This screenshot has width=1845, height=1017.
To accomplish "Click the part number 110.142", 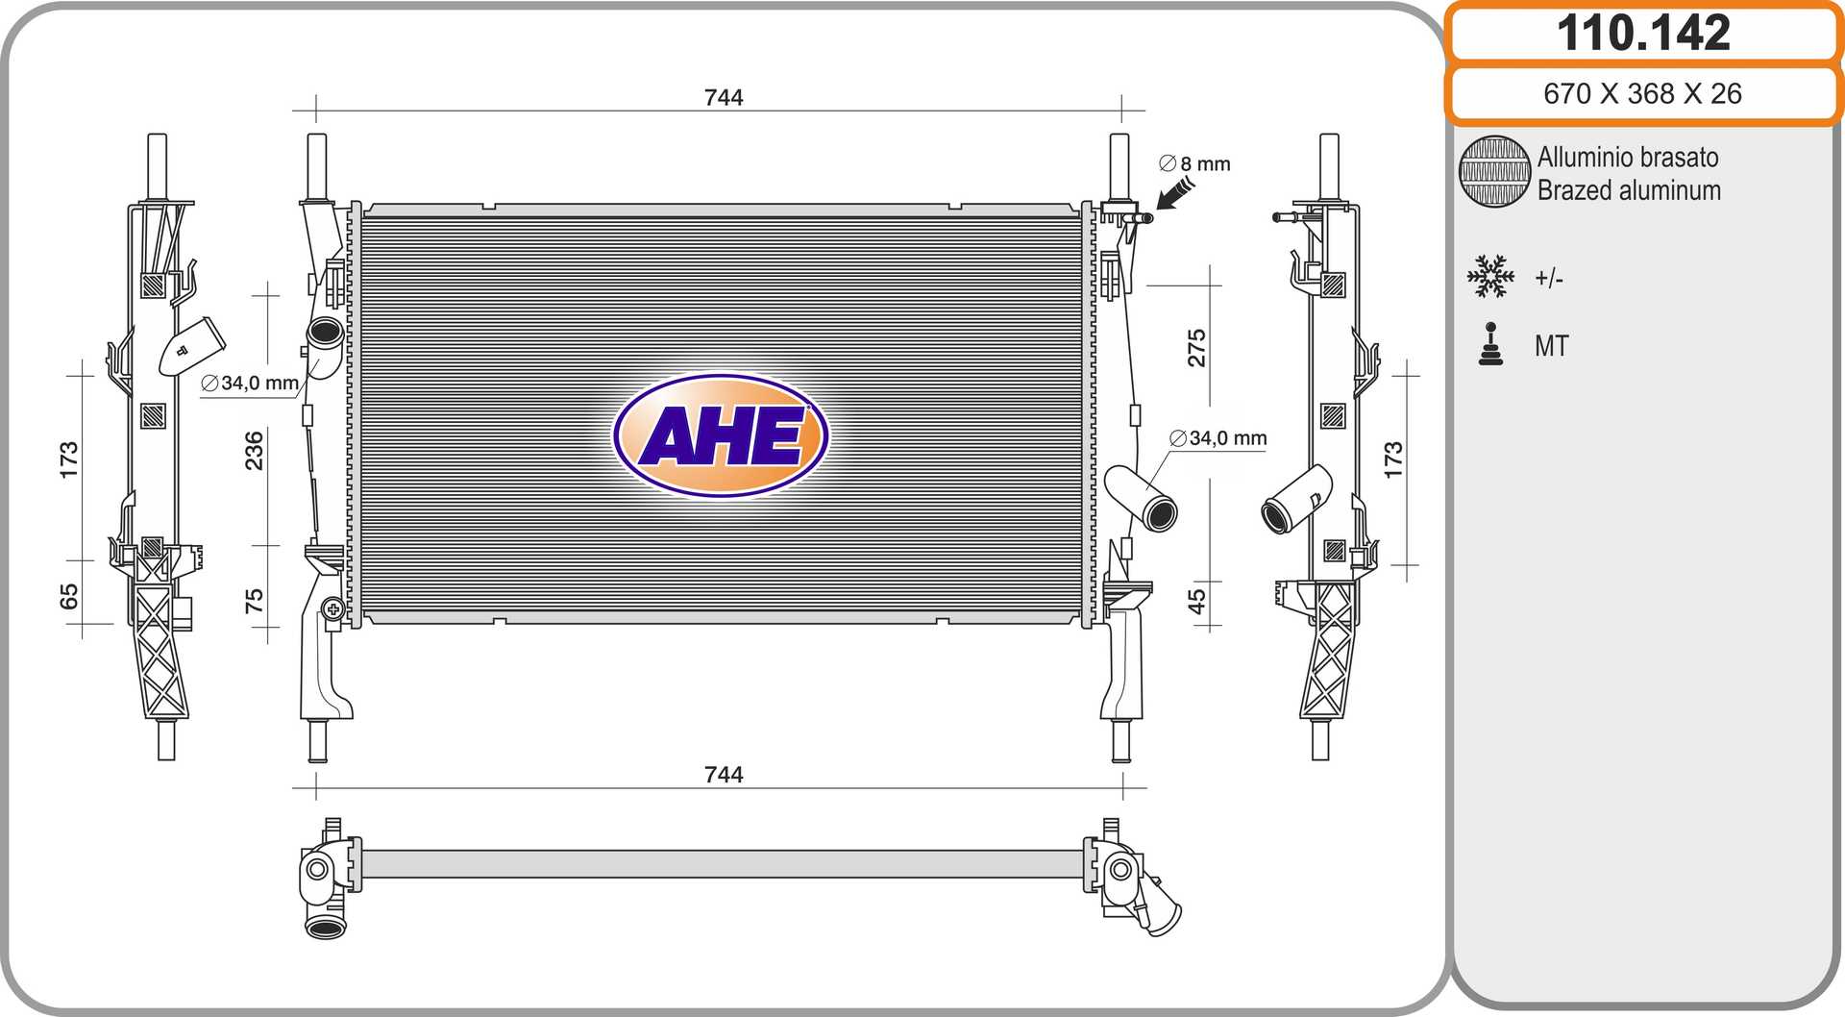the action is [x=1643, y=33].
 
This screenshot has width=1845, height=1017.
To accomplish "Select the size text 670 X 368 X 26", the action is [x=1642, y=93].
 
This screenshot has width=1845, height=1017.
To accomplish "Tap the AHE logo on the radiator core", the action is [x=721, y=435].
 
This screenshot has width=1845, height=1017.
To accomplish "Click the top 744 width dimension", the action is [x=724, y=97].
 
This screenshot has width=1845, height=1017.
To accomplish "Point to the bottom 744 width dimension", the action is [x=724, y=775].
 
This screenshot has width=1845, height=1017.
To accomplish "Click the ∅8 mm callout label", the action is [x=1194, y=163].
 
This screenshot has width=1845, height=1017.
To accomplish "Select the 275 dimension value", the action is [x=1196, y=348].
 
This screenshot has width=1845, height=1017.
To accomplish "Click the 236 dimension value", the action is [x=254, y=450].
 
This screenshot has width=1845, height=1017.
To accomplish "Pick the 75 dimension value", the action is [x=254, y=601].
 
